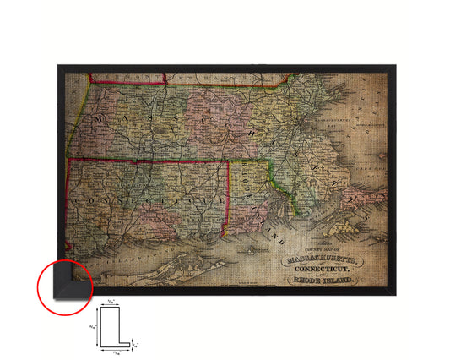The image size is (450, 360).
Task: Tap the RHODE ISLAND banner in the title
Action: click(x=324, y=280)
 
